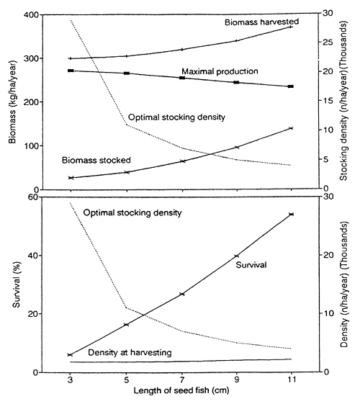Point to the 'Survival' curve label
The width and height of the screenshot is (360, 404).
coord(251,266)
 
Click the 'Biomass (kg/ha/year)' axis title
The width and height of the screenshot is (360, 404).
coord(13,101)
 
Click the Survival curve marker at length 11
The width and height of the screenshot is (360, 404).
coord(292,214)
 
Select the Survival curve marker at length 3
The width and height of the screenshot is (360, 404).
coord(70,355)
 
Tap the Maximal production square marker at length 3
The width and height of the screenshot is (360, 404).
coord(70,71)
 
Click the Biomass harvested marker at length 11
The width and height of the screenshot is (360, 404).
coord(292,27)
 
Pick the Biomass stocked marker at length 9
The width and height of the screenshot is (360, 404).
coord(237,148)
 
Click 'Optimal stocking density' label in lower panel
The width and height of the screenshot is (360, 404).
coord(132,213)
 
